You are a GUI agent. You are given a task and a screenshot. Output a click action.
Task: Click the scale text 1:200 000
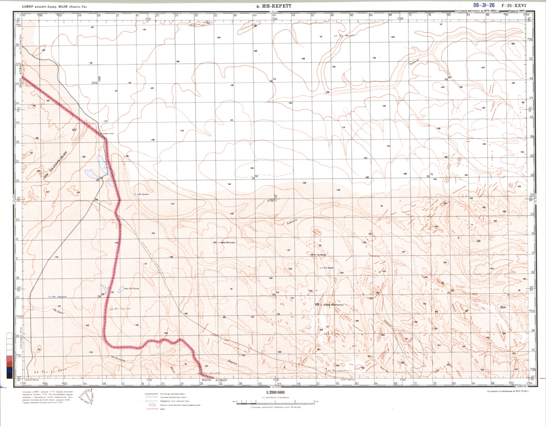pos(272,393)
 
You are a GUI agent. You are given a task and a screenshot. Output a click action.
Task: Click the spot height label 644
pos(503,307)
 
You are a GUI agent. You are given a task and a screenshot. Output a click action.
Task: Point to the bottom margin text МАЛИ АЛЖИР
pos(214,380)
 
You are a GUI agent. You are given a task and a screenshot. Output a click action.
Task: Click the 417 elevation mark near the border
pos(75,131)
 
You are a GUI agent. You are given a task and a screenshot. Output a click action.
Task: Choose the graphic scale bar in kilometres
pos(272,402)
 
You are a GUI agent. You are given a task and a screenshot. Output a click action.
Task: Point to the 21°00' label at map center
pos(272,200)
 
